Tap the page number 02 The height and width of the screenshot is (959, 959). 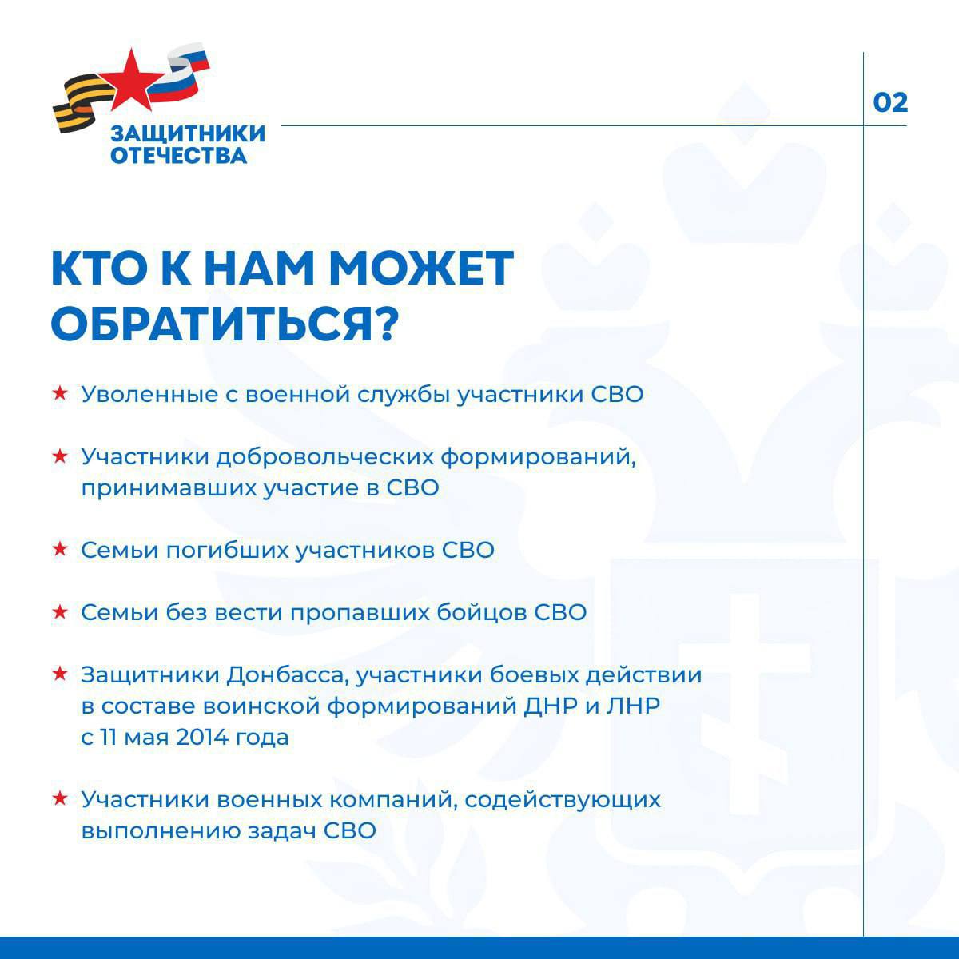click(890, 103)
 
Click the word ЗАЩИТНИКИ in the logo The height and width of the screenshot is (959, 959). click(188, 133)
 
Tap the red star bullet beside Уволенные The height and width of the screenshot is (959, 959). click(58, 394)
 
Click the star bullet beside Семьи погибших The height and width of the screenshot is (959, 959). click(58, 550)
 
